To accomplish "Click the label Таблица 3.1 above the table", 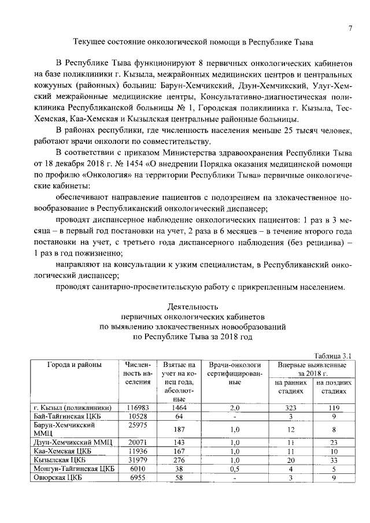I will [332, 356].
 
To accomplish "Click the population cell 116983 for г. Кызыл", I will [138, 407].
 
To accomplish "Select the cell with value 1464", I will [179, 407].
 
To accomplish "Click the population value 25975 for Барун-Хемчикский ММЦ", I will [138, 425].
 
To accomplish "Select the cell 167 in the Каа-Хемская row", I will [179, 451].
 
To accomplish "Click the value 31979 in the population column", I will [138, 460].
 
